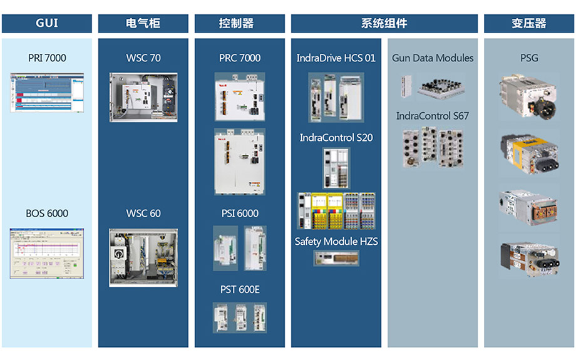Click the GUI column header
[x=47, y=24]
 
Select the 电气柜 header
[x=143, y=24]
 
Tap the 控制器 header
[x=240, y=24]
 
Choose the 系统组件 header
[x=384, y=24]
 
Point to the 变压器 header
[x=529, y=24]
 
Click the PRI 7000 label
[x=47, y=58]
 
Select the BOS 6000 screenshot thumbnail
[x=47, y=253]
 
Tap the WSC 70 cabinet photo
[x=143, y=97]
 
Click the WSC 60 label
[x=143, y=213]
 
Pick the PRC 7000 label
[x=240, y=58]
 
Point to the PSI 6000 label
[x=240, y=213]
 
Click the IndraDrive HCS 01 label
[x=336, y=58]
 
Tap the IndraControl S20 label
[x=336, y=138]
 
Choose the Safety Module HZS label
[x=336, y=242]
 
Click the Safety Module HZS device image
[x=336, y=258]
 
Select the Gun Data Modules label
[x=433, y=58]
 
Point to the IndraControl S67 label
[x=433, y=116]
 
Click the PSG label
[x=529, y=58]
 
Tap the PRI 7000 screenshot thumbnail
[x=47, y=93]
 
